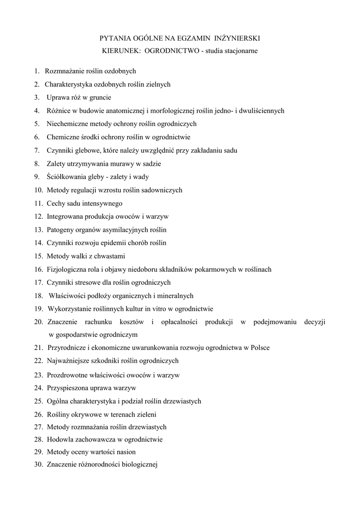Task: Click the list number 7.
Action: [37, 150]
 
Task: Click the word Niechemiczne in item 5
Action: [68, 124]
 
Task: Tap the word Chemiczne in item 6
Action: [63, 137]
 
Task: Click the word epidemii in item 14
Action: [117, 243]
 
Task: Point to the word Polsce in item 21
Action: [260, 348]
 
